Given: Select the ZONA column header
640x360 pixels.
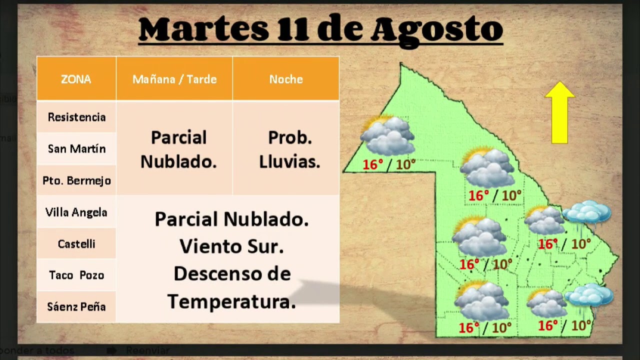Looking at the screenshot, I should (76, 79).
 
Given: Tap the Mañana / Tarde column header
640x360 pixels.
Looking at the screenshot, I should (174, 79).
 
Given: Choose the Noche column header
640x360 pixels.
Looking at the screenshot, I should (286, 79).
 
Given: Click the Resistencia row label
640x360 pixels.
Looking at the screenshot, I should (76, 117).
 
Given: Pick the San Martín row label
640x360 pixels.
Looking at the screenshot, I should (76, 148).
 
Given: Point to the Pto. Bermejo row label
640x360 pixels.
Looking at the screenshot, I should (76, 180).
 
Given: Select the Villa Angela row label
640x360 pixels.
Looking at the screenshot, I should (76, 212).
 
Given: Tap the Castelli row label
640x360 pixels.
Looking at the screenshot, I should (76, 244).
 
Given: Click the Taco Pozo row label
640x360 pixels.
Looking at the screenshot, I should (76, 275).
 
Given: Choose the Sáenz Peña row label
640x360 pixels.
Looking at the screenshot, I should (76, 306).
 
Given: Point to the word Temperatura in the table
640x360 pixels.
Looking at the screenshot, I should (231, 301).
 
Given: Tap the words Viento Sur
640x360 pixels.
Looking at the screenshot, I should (231, 246).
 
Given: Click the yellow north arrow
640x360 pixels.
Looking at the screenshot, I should (559, 112).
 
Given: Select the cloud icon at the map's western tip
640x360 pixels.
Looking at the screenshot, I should (387, 135).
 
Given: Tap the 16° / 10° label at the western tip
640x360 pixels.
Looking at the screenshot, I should (389, 164).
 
